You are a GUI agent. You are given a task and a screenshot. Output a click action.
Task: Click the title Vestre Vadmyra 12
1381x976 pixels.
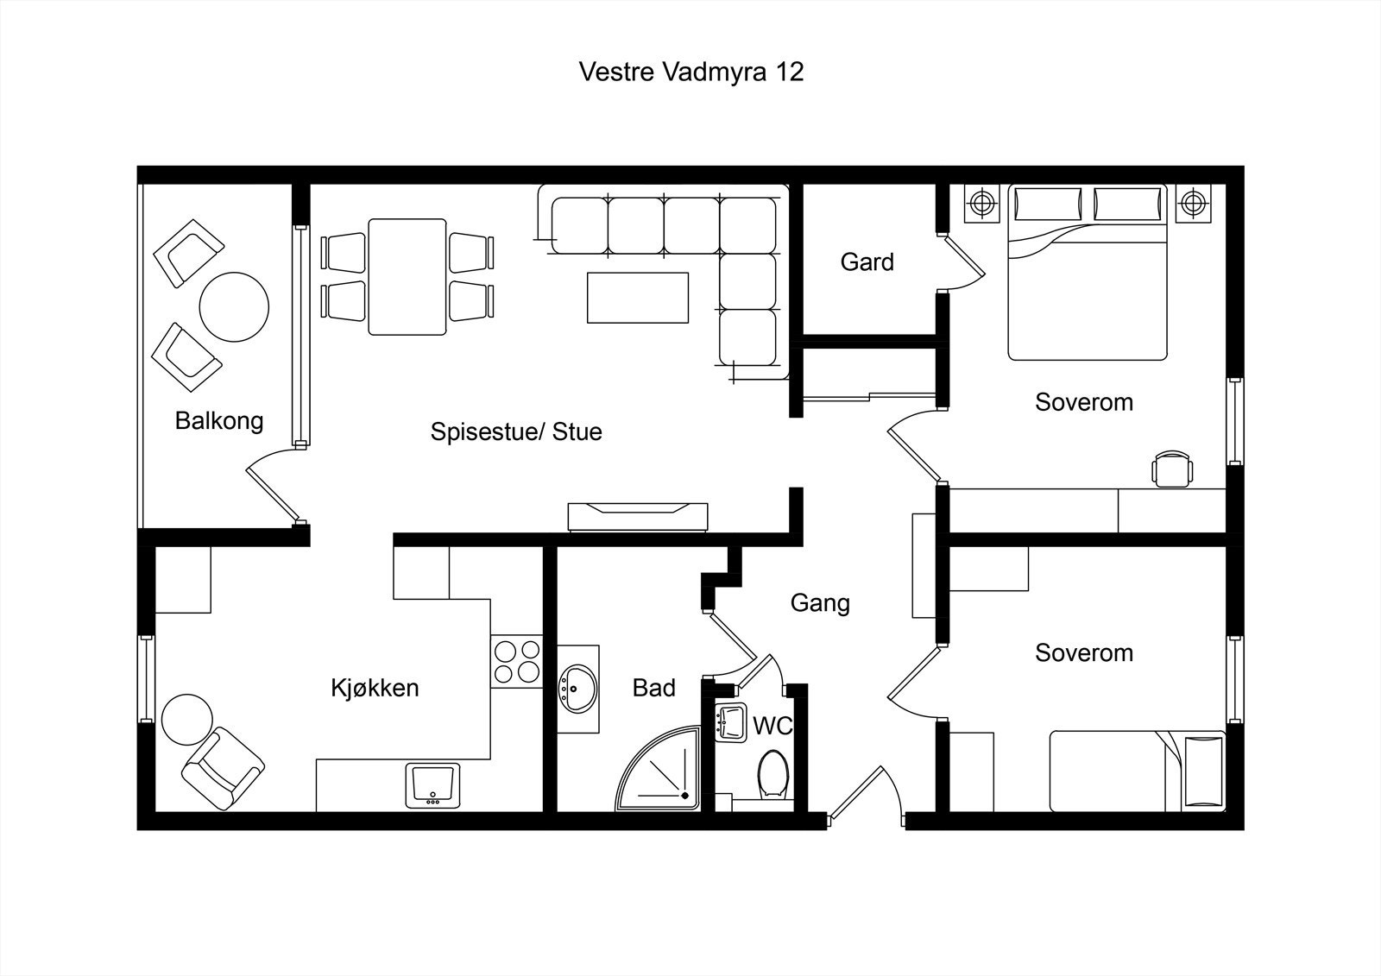coord(691,72)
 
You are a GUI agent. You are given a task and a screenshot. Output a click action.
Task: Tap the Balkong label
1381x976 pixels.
coord(219,420)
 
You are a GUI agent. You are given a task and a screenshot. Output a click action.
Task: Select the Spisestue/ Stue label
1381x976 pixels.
coord(516,431)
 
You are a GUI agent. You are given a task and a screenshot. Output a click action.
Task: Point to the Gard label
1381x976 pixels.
coord(867,262)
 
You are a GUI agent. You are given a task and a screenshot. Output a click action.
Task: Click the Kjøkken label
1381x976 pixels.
coord(375,688)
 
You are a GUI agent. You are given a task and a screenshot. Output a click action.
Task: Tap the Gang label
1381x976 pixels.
coord(820,603)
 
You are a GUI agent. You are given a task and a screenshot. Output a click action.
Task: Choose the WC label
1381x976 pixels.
coord(772,727)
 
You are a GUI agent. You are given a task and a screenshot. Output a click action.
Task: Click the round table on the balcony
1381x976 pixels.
coord(234,307)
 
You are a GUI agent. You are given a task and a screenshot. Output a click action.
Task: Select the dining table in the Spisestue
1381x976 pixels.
coord(407,277)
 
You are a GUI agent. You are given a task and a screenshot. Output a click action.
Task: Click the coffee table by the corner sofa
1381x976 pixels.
coord(638,298)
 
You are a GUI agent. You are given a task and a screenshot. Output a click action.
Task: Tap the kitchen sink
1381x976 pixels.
coord(432,785)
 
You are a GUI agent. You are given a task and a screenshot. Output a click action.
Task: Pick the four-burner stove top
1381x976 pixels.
coord(517,662)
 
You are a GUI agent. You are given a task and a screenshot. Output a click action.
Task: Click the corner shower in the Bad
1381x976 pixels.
coord(658,769)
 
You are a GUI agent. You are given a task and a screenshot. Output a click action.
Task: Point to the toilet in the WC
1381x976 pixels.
coord(772,774)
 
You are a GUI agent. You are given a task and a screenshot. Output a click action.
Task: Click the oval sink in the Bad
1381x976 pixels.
coord(577,689)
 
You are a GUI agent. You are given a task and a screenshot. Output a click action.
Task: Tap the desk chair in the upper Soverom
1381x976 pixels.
coord(1172,469)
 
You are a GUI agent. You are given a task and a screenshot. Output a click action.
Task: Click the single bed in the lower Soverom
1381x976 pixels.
coord(1138,771)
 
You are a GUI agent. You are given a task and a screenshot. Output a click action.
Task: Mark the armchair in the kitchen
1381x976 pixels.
coord(224,769)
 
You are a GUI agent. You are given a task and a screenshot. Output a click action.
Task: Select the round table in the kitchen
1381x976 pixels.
coord(186,720)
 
